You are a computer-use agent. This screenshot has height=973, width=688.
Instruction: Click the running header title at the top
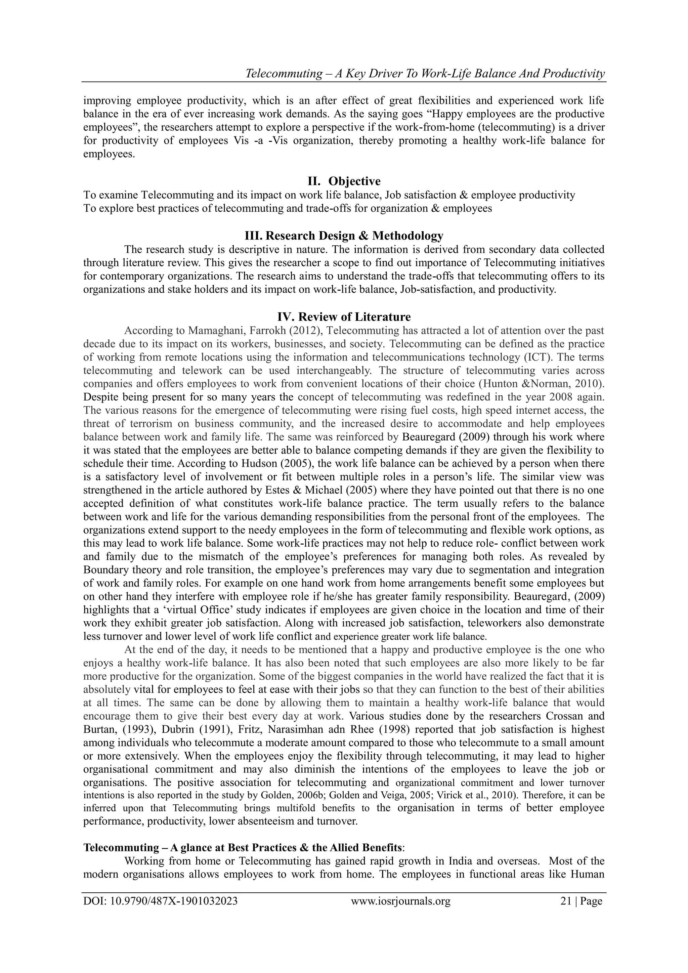pos(425,74)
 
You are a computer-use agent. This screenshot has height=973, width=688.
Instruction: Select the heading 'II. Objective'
pos(344,181)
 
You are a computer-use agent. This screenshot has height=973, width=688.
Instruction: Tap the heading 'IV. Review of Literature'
pos(344,317)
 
